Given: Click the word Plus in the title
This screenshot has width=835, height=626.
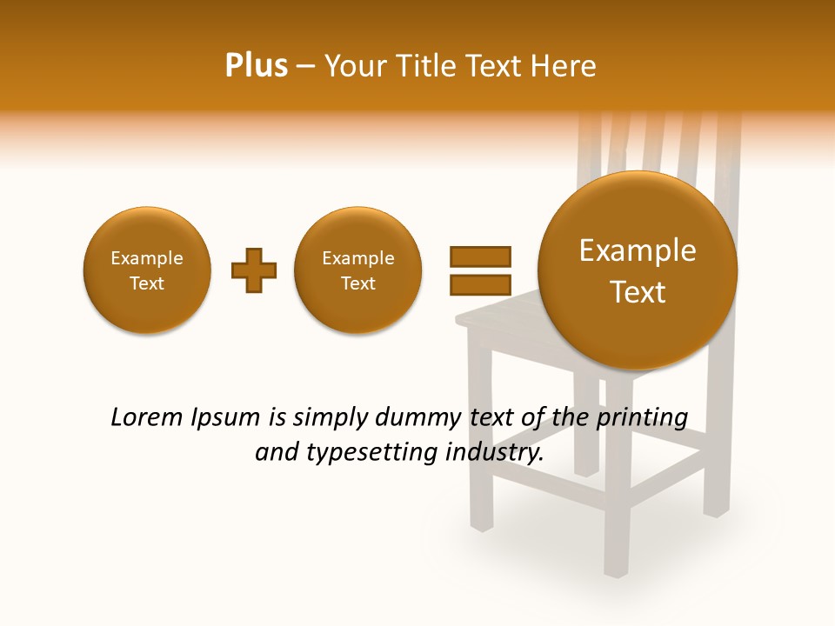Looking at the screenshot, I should point(256,66).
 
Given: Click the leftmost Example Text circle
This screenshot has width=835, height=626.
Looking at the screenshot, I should point(147,270).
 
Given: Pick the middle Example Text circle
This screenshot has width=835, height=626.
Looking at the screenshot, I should point(358,270).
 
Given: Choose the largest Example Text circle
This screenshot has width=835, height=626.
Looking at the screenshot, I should point(638,270).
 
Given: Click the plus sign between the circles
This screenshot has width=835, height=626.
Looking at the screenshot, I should point(253,270).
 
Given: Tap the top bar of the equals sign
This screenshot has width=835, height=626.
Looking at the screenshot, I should point(480,256).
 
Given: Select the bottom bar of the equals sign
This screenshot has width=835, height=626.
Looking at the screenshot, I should point(480,284).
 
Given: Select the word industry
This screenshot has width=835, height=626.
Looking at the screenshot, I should point(494,454).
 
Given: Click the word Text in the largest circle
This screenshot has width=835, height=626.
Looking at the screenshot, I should point(638,292).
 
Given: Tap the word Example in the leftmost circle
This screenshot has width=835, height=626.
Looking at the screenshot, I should point(147,258).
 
